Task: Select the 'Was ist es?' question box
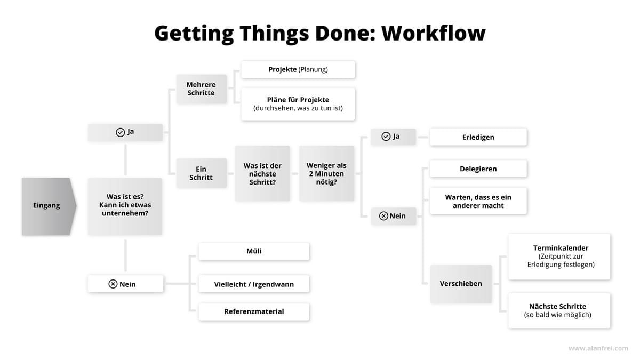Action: pyautogui.click(x=125, y=206)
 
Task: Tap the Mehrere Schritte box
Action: pyautogui.click(x=202, y=89)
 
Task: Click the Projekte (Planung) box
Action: pyautogui.click(x=298, y=69)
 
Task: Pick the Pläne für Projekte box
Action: pyautogui.click(x=298, y=104)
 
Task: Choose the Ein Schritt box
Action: pyautogui.click(x=202, y=173)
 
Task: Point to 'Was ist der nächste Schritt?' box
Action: pyautogui.click(x=262, y=173)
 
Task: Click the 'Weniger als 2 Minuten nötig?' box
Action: pyautogui.click(x=326, y=173)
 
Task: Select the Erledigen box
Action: pyautogui.click(x=478, y=137)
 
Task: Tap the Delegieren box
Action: pyautogui.click(x=478, y=169)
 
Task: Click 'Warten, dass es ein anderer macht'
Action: pyautogui.click(x=478, y=201)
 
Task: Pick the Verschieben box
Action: pyautogui.click(x=461, y=284)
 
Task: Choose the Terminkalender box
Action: pyautogui.click(x=559, y=257)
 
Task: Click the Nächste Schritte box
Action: pyautogui.click(x=559, y=310)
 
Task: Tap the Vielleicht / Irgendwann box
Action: pyautogui.click(x=254, y=284)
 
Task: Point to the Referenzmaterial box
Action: pyautogui.click(x=254, y=311)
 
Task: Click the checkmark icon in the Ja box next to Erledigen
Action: pyautogui.click(x=386, y=137)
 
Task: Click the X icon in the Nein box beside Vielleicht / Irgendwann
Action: pyautogui.click(x=113, y=284)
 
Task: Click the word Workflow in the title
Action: pyautogui.click(x=434, y=33)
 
